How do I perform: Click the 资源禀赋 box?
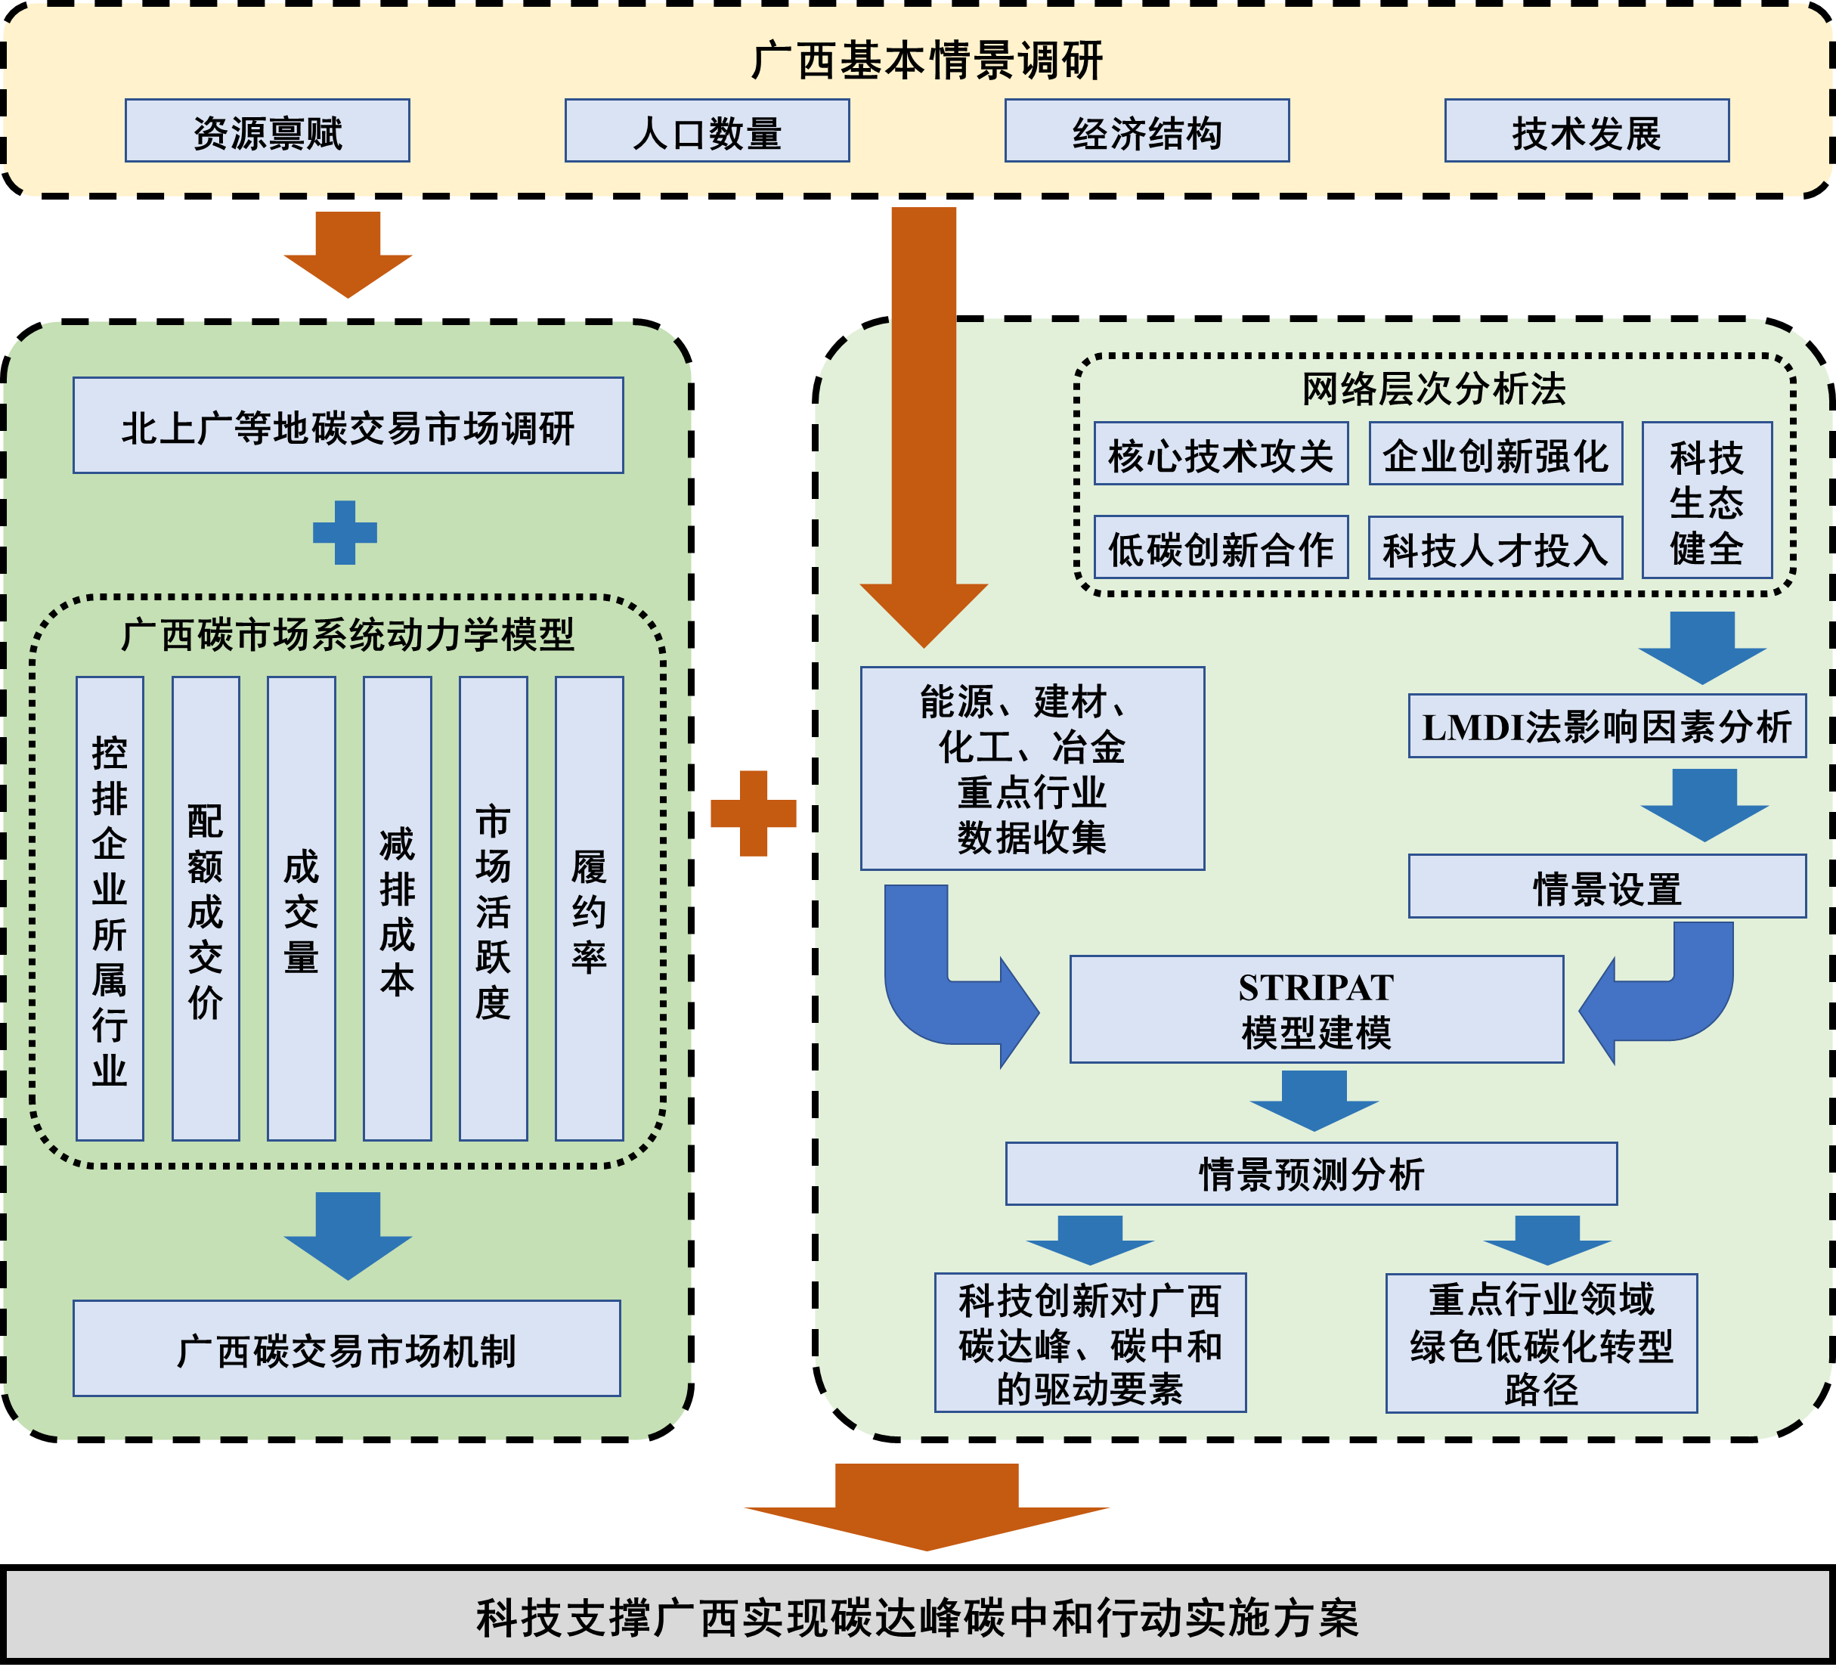pos(267,132)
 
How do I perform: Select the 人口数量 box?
pos(707,132)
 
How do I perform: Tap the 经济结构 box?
pos(1147,132)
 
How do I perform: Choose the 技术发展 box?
pos(1587,132)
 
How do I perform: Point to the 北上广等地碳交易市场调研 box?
pos(348,426)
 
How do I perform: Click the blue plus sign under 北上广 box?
pos(345,532)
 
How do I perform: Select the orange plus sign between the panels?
pos(753,813)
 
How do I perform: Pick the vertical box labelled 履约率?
pos(590,908)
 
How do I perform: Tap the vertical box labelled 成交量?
pos(302,908)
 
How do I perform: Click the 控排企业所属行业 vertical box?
pos(110,908)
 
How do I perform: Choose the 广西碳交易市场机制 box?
pos(346,1348)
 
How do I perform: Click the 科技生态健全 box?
pos(1707,500)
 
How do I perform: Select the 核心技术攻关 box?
pos(1221,454)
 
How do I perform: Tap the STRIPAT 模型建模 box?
pos(1316,1009)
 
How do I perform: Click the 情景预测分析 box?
pos(1311,1173)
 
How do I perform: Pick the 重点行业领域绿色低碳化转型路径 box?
pos(1541,1343)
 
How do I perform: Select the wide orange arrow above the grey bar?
pos(926,1507)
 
